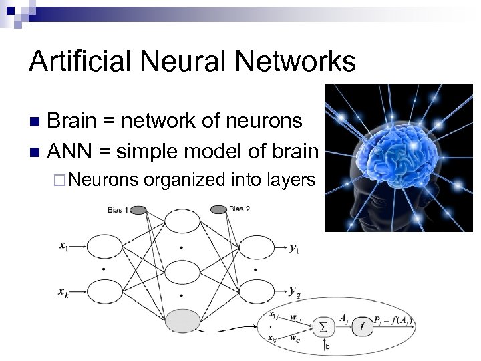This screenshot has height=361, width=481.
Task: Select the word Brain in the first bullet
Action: [x=74, y=121]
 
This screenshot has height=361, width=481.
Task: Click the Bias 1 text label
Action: [x=118, y=211]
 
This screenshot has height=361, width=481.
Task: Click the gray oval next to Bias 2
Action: [x=218, y=210]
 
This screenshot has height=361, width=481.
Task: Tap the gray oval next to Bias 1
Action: [x=138, y=210]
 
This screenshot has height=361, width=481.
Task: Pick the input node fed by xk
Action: [x=102, y=293]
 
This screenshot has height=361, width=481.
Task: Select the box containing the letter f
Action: [x=363, y=326]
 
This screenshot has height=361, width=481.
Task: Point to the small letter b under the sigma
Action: [x=327, y=346]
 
